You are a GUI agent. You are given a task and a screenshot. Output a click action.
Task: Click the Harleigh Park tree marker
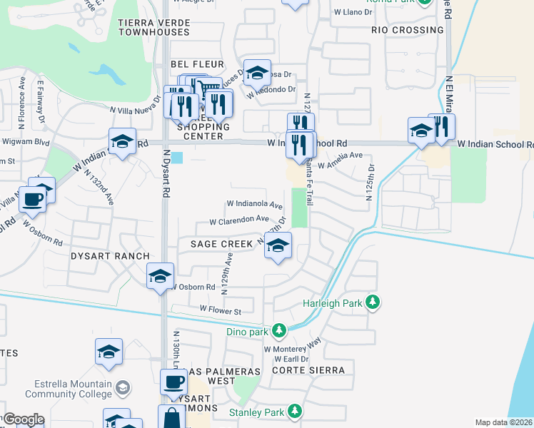[372, 302]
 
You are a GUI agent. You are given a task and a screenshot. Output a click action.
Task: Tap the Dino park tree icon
[278, 330]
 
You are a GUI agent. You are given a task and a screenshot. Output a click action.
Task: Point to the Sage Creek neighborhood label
[221, 244]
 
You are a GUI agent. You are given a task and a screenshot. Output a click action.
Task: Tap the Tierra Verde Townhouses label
[154, 27]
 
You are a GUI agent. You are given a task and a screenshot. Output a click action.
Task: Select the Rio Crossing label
[408, 30]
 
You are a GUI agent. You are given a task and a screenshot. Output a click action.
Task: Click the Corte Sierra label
[308, 370]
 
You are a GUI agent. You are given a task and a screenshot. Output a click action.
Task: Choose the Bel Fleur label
[193, 64]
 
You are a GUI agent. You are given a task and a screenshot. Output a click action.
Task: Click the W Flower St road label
[221, 310]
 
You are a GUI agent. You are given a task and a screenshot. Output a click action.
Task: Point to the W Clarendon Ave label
[238, 220]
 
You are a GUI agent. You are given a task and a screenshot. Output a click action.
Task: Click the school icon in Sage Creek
[277, 246]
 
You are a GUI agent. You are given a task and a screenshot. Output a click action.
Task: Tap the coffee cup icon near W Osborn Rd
[33, 200]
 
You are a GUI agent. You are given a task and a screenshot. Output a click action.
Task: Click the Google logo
[23, 419]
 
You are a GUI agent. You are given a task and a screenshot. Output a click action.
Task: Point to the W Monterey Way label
[293, 350]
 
